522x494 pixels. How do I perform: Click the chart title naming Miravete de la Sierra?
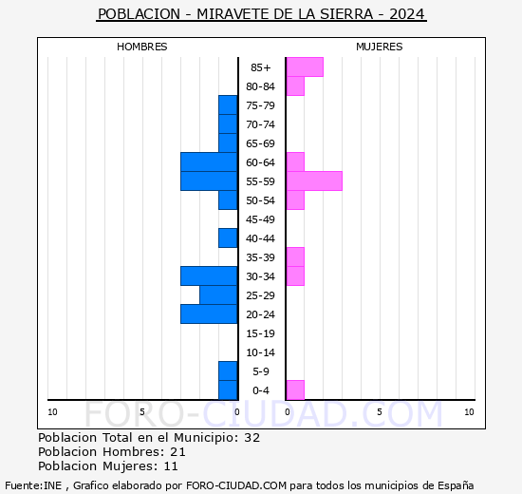(261, 14)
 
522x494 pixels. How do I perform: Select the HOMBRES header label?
(142, 47)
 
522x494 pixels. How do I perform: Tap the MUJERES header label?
(379, 47)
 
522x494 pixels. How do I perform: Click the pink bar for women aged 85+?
(305, 66)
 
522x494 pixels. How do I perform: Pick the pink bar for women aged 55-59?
(314, 180)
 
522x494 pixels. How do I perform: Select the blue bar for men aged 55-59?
(209, 180)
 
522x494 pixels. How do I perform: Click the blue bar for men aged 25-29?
(218, 294)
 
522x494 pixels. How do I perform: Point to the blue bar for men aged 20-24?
(209, 313)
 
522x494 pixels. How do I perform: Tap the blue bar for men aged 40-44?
(228, 237)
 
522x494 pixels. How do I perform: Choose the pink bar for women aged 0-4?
(295, 389)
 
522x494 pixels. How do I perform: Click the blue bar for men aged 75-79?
(228, 104)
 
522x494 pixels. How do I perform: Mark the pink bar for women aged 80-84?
(295, 85)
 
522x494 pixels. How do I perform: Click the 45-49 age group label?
(261, 219)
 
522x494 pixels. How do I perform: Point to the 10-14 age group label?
(261, 352)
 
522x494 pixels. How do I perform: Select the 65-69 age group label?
(261, 143)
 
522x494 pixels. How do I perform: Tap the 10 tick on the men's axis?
(52, 411)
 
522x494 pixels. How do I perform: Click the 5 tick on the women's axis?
(379, 411)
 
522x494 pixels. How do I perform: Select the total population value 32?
(252, 438)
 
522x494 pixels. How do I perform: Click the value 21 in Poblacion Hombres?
(177, 452)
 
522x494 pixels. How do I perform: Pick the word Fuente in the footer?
(22, 484)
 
